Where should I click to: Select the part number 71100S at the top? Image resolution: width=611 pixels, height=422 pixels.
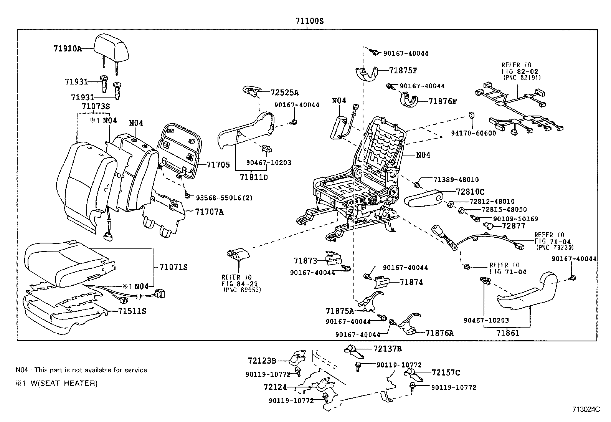pos(309,21)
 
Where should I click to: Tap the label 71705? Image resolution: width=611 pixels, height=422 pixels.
pos(218,165)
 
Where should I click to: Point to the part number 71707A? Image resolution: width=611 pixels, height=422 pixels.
pos(209,212)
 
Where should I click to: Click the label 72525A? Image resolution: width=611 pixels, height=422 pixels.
pos(284,93)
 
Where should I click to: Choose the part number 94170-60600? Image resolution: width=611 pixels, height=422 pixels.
pos(473,133)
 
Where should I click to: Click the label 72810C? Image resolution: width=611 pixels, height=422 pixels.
pos(470,192)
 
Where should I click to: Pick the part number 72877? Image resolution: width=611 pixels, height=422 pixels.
pos(514,226)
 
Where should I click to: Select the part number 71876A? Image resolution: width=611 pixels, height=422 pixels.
pos(439,333)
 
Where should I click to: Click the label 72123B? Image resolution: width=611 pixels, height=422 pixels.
pos(262,361)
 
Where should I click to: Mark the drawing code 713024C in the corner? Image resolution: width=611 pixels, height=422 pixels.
pos(586,409)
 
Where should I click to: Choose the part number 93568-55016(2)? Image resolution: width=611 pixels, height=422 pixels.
pos(224,198)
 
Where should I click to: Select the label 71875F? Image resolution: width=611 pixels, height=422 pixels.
pos(403,70)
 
